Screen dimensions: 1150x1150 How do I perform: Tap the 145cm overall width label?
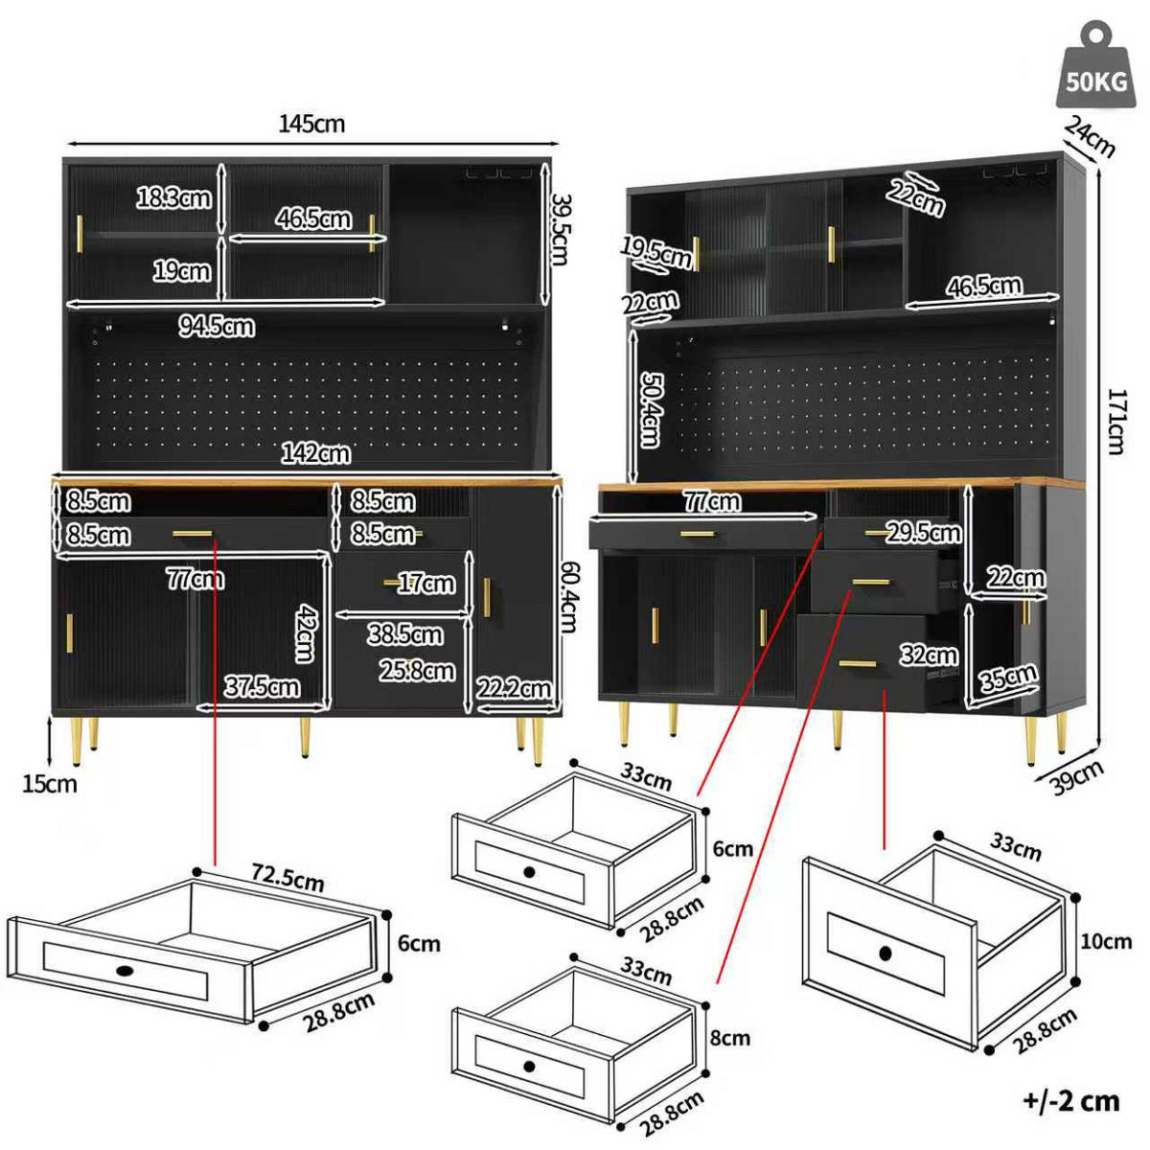coord(311,124)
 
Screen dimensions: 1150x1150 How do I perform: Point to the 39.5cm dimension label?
coord(561,229)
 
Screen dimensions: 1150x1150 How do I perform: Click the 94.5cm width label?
coord(217,327)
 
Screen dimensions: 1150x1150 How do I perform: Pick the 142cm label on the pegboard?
coord(315,453)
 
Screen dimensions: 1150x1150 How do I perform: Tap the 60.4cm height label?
coord(567,597)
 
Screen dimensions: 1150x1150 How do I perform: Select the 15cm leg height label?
coord(50,784)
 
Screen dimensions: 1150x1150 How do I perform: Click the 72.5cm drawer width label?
coord(287,878)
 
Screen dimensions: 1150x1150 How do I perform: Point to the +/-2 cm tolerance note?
coord(1070,1101)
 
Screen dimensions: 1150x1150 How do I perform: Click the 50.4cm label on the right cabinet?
coord(650,409)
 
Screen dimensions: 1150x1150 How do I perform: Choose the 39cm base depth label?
coord(1076,777)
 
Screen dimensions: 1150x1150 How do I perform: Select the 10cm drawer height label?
coord(1106,942)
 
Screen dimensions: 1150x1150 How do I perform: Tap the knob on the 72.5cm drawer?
coord(126,971)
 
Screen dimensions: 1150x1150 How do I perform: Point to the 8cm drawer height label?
coord(730,1038)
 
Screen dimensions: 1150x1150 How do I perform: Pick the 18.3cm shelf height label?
coord(173,198)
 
